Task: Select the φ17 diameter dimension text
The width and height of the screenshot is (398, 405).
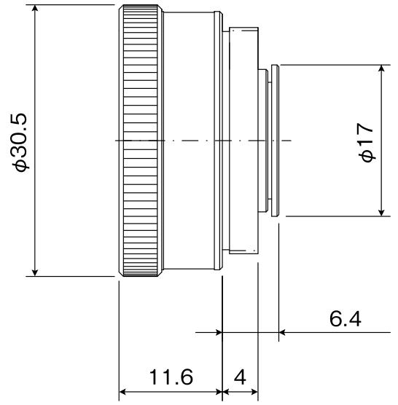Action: coord(367,141)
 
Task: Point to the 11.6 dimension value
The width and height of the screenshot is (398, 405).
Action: coord(171,377)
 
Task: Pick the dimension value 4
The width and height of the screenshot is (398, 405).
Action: coord(240,377)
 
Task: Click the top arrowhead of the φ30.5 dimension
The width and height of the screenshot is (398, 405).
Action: coord(34,9)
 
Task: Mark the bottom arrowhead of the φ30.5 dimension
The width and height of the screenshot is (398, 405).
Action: coord(34,271)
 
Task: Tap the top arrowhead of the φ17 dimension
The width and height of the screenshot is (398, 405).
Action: coord(381,69)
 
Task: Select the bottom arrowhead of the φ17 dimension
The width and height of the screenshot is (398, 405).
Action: coord(381,211)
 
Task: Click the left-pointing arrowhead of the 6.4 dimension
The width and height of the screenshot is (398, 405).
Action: coord(284,332)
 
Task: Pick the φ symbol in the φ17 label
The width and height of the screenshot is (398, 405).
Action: coord(367,156)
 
